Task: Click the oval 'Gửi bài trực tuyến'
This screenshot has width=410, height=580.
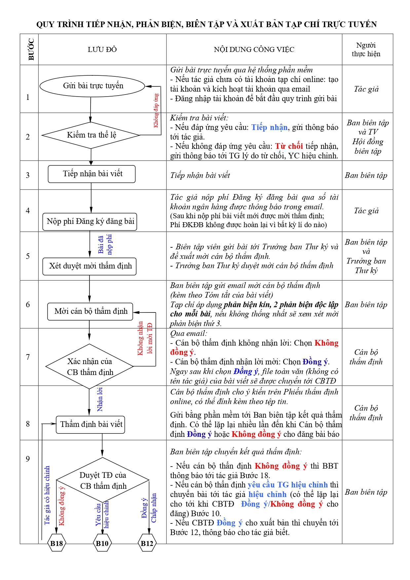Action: point(93,86)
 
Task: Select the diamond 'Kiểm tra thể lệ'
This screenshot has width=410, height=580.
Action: point(91,135)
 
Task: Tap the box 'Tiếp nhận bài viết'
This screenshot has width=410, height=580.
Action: point(92,174)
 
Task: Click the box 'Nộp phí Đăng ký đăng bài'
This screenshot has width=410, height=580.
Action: point(90,222)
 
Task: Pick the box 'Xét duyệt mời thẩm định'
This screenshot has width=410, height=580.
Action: point(90,266)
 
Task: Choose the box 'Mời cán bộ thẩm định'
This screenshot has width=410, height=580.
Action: point(90,311)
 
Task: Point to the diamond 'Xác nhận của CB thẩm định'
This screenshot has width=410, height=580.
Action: point(90,366)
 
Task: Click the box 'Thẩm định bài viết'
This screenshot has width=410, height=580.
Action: point(91,424)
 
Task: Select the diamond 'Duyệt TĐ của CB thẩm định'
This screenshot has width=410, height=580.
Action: point(103,480)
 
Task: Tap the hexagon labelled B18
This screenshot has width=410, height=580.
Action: point(56,543)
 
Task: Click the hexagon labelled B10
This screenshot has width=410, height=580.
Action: point(102,543)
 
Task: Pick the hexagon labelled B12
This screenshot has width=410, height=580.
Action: point(147,543)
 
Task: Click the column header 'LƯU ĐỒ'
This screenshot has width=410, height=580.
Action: point(102,50)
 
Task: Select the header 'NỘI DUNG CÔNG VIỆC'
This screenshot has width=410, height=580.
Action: point(254,50)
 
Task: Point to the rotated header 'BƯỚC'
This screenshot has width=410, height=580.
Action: point(31,50)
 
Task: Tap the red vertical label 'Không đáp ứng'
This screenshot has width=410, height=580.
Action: point(156,110)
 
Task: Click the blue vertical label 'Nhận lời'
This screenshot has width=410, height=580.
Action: point(100,399)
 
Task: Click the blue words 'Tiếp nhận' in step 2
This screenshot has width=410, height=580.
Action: point(269,127)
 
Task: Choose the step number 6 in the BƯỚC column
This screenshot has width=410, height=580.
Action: point(28,305)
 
